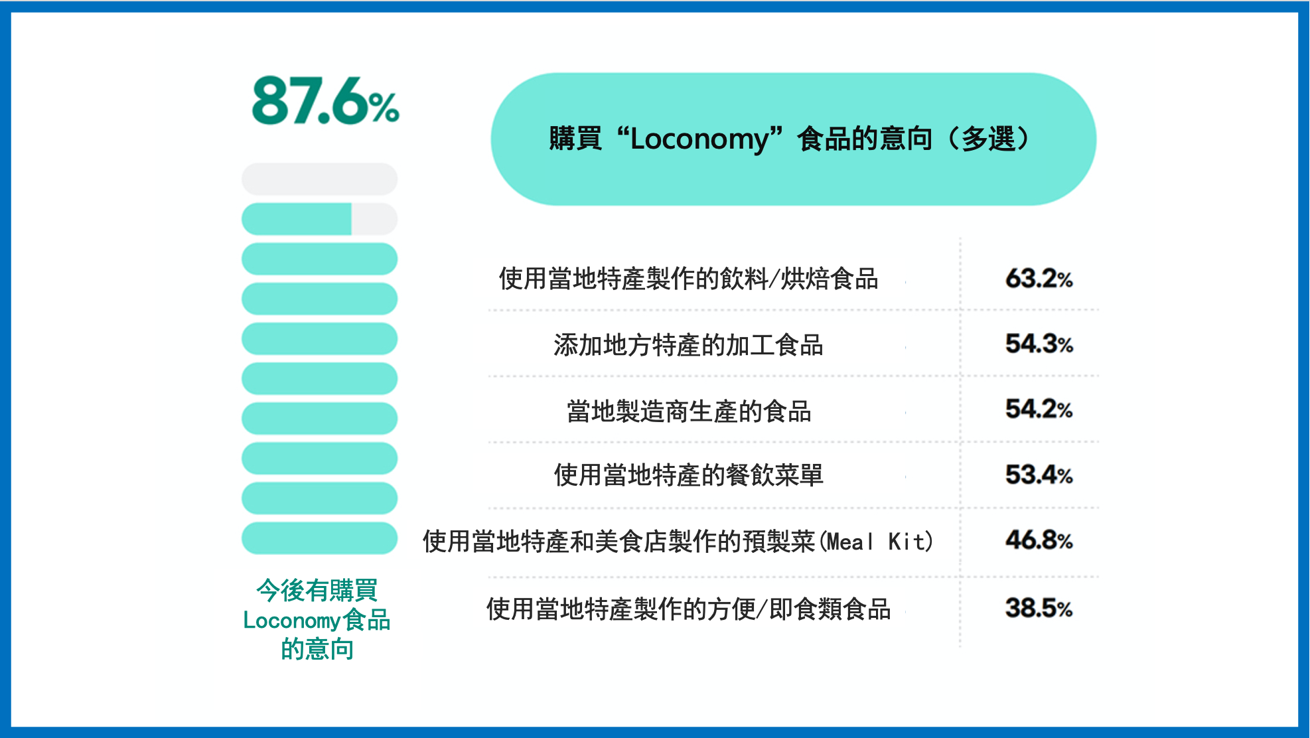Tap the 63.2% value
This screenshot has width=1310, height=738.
point(1039,279)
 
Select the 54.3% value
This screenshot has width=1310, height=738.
point(1039,344)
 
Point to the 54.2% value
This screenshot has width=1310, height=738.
point(1039,409)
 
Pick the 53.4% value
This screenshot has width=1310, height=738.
point(1039,475)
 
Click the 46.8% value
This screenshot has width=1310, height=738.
point(1039,540)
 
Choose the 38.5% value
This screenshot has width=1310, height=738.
point(1039,608)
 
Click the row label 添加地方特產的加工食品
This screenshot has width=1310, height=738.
point(689,345)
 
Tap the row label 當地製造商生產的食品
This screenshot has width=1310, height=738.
point(689,411)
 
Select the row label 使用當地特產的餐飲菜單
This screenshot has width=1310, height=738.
point(689,475)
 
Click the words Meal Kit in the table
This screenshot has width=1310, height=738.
point(876,542)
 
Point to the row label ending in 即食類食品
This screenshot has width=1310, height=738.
point(689,609)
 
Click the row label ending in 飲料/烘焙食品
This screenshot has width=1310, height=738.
point(689,279)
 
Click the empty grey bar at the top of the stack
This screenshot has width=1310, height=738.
point(319,179)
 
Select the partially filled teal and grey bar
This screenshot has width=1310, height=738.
point(319,219)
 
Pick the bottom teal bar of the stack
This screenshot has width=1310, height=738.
point(319,538)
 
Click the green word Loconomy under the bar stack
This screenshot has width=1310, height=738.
point(291,621)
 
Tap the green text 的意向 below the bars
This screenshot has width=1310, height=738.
point(317,649)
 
